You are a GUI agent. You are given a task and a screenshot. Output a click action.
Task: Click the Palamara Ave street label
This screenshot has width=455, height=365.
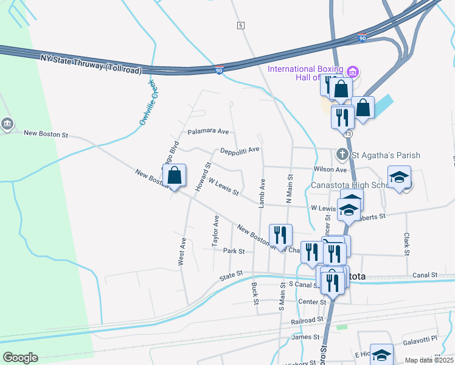coord(208,131)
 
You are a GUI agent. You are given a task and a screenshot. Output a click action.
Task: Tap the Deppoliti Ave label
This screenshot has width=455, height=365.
coord(240,150)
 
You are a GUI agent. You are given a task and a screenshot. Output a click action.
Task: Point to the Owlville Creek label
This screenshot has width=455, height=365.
coord(148,103)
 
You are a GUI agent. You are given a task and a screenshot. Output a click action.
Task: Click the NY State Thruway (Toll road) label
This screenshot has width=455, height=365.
coord(92,64)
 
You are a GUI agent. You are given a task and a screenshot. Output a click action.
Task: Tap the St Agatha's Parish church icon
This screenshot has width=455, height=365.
coord(342,155)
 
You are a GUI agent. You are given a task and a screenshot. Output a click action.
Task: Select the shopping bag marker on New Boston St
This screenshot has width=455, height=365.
coord(175,175)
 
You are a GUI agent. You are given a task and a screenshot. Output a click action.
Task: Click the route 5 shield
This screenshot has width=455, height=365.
coord(241,25)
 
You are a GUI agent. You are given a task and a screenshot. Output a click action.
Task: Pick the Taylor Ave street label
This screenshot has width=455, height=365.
coord(215,231)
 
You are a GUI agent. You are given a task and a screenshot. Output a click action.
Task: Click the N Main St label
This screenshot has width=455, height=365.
coord(290,189)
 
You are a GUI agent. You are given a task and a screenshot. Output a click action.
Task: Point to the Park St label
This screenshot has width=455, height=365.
coord(234,251)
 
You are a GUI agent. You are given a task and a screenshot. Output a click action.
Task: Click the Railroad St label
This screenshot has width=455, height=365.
coord(307,320)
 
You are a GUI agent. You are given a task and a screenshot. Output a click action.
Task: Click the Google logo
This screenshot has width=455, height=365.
coord(20,358)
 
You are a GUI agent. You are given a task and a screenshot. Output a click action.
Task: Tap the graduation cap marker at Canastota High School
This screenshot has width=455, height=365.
coord(399,177)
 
